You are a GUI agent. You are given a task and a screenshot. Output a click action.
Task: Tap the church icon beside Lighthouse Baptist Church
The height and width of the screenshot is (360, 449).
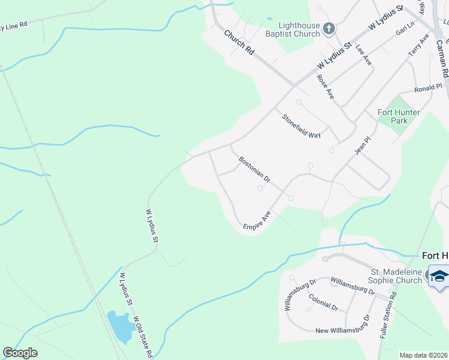pos(328,29)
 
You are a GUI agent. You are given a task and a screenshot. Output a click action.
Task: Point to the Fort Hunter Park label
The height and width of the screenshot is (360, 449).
pos(398,116)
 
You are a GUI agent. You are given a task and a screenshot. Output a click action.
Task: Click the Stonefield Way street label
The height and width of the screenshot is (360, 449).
pos(302,126)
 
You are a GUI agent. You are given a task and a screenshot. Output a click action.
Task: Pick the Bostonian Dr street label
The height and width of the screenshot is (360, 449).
pos(255,170)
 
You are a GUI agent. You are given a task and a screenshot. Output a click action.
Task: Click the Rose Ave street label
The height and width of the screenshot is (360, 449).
pos(325,86)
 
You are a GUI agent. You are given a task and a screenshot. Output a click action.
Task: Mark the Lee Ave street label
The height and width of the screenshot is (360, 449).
pos(364,55)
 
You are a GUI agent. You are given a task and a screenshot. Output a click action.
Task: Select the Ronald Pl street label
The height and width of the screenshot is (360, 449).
pos(428,88)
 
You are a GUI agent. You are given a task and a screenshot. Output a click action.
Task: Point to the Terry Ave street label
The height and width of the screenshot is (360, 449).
pos(419,46)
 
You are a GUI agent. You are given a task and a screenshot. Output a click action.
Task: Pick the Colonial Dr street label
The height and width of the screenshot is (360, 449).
pos(323,302)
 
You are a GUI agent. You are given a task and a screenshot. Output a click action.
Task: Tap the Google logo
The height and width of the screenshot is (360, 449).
pos(20,353)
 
